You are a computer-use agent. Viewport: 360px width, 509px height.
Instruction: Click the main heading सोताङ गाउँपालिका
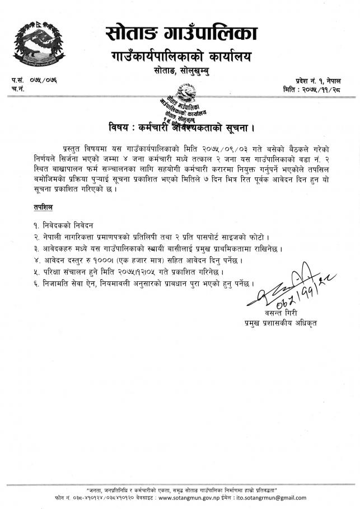[x=181, y=34]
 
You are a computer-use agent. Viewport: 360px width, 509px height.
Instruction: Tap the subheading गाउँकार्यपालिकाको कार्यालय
[x=180, y=57]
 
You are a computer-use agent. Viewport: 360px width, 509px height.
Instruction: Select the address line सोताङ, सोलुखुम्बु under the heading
[x=180, y=72]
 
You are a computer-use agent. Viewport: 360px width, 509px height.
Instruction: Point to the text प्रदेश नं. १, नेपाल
[x=324, y=82]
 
